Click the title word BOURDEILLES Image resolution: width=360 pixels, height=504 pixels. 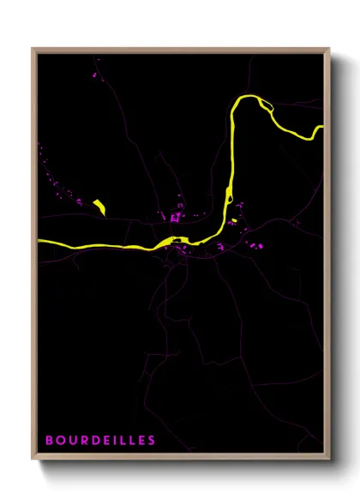tap(100, 441)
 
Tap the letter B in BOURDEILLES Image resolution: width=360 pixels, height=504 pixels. tap(49, 441)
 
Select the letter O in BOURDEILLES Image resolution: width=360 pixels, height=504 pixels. tap(59, 441)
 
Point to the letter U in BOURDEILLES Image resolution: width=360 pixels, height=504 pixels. tap(70, 441)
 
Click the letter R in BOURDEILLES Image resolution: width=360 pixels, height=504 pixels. tap(81, 441)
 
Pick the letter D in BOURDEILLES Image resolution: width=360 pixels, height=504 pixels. tap(93, 441)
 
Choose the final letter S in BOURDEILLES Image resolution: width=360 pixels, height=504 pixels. tap(152, 441)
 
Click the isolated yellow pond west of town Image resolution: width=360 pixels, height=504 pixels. tap(99, 206)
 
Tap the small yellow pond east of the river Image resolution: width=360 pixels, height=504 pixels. tap(234, 220)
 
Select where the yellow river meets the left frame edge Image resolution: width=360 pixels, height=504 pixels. tap(39, 243)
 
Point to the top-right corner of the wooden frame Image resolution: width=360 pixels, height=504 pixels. tap(329, 49)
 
